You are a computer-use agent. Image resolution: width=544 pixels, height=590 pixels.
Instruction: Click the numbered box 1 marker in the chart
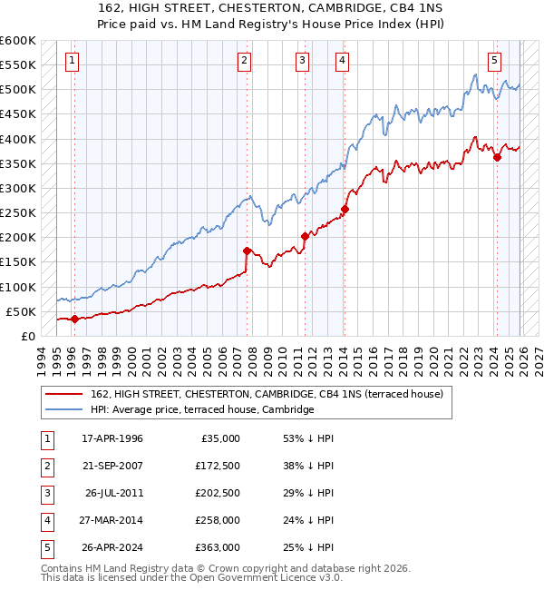point(72,61)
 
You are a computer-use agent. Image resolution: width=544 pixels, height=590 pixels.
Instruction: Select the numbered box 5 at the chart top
point(494,61)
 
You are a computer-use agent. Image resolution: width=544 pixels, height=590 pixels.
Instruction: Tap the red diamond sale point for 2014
point(345,209)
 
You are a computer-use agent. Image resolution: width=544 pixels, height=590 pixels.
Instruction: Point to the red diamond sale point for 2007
point(247,251)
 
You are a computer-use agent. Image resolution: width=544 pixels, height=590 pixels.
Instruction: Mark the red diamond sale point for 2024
point(497,157)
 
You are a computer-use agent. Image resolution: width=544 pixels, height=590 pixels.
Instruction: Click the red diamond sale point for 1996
point(74,319)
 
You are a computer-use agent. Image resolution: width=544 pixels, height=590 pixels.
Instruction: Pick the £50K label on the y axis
point(21,311)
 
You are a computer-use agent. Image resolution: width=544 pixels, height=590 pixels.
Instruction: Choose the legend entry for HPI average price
point(201,409)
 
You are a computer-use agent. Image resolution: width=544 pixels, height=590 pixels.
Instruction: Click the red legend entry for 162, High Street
point(267,394)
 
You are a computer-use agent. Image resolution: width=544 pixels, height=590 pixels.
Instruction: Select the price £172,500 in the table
point(218,466)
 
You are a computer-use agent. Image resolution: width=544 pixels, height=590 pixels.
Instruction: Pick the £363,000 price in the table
point(218,547)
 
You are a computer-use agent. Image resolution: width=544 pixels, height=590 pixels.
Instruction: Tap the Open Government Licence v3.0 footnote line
point(192,577)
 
